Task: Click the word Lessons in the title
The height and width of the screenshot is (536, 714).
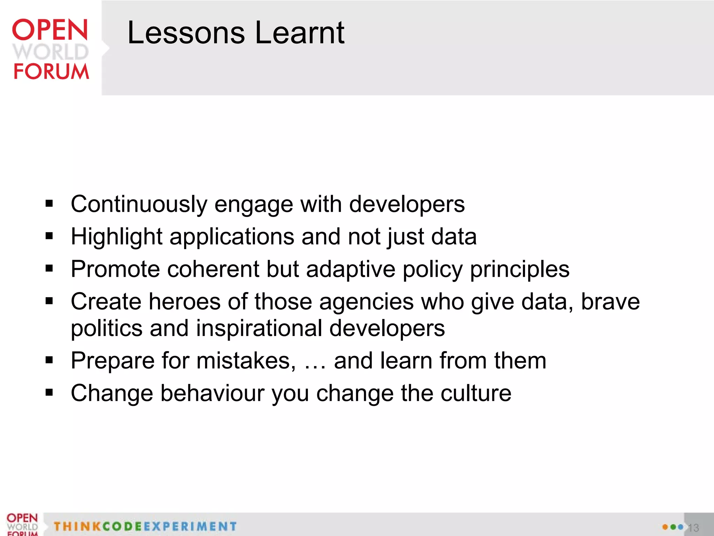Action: (x=186, y=33)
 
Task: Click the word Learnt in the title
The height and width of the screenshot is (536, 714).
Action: (x=300, y=33)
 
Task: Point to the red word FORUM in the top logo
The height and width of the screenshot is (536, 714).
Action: (x=51, y=72)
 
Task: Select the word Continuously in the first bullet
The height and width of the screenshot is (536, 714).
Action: (x=139, y=204)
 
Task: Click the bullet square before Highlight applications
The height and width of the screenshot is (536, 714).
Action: (x=49, y=236)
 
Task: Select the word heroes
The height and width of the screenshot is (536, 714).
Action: (x=185, y=301)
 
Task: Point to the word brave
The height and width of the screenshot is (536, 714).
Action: (x=610, y=301)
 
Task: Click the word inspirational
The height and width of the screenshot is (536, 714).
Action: (x=259, y=329)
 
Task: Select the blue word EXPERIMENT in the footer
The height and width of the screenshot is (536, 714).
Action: (x=190, y=526)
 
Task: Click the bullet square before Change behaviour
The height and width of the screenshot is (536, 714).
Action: (x=49, y=393)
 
